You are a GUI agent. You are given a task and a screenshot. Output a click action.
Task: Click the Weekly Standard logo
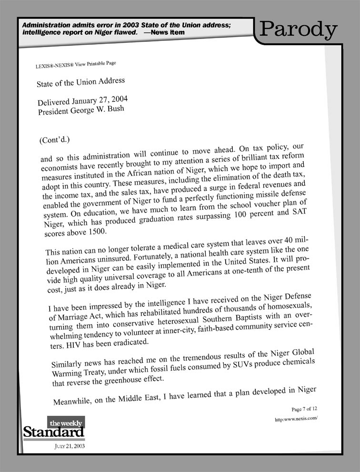point(53,429)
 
